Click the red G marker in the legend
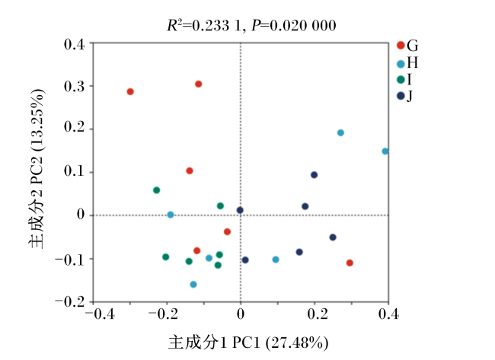coord(401,46)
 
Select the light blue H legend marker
coord(401,64)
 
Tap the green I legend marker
coord(401,80)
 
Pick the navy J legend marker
coord(401,96)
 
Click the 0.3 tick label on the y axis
coord(75,86)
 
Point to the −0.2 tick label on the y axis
coord(70,302)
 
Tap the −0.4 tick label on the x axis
coord(100,314)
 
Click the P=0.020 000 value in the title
coord(294,26)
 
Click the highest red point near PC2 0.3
coord(198,84)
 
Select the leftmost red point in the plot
coord(130,91)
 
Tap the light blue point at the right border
coord(385,151)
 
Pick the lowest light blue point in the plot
coord(193,285)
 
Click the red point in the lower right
coord(350,263)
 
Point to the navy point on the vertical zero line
coord(240,210)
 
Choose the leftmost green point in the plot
coord(156,190)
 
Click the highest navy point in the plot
coord(314,175)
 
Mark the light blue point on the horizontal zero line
coord(171,215)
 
